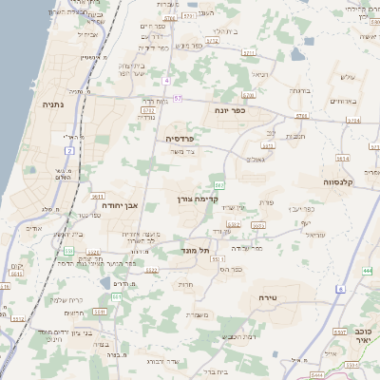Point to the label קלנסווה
pos(337,181)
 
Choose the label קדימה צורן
pos(198,199)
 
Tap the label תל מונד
pos(193,249)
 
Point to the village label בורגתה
pos(299,91)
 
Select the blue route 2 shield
pos(69,138)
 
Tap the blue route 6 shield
pos(340,288)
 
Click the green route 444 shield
pos(366,270)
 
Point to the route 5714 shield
pos(353,121)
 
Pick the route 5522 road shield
pos(151,270)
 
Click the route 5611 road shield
pos(98,195)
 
